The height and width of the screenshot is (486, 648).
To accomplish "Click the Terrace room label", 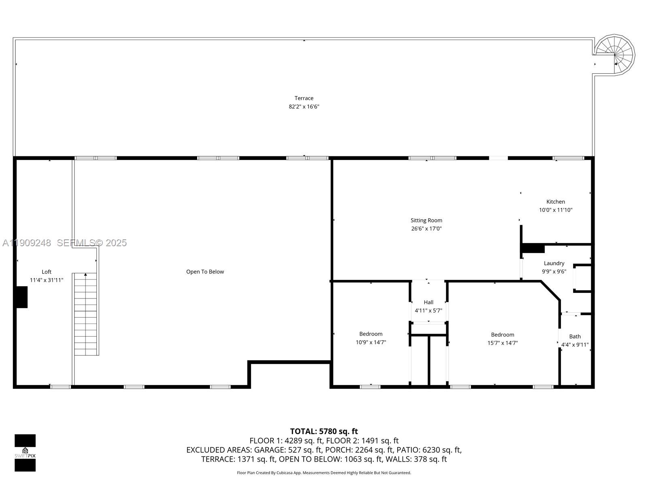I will pos(304,98).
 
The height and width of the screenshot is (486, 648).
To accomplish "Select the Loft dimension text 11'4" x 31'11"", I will pos(47,280).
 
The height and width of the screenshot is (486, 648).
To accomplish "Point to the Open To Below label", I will pos(205,272).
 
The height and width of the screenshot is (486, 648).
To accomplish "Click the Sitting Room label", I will pos(426,220).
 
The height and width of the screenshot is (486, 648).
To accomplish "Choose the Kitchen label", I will pos(555,202).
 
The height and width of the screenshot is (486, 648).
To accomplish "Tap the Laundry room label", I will pos(554,263).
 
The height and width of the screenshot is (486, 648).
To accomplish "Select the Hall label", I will pos(428,302).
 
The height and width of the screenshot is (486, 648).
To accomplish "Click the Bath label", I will pos(575,337).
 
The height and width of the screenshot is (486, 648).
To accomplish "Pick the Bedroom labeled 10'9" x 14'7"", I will pos(371,338).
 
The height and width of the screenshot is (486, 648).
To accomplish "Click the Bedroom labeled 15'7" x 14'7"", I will pos(502,339).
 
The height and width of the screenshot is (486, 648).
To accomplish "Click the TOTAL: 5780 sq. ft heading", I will pos(324,431).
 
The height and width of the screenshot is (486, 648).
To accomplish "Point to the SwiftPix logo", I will pos(25,453).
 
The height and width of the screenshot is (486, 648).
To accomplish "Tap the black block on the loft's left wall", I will pos(22,297).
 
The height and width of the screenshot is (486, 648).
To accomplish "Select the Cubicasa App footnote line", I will pos(324,473).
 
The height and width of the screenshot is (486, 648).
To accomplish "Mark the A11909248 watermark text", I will pos(27,243).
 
